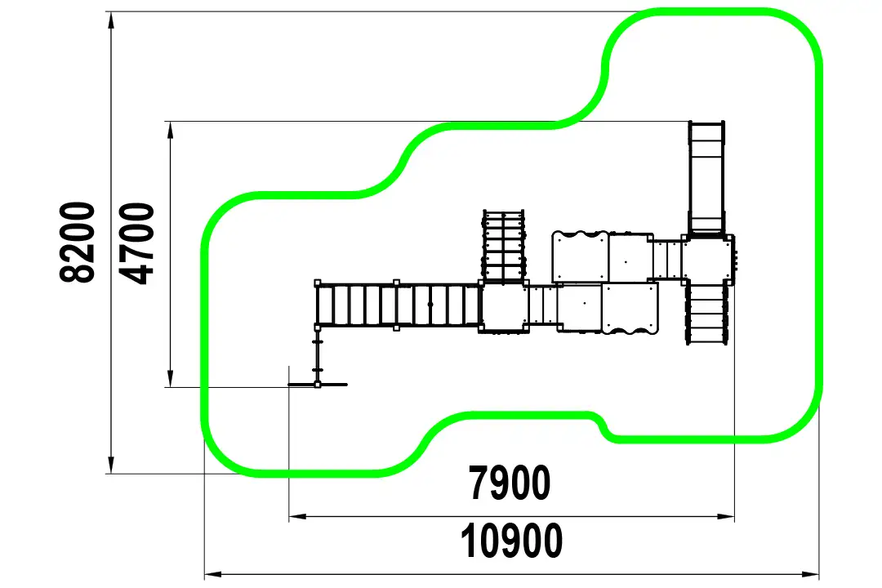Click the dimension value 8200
coord(78,242)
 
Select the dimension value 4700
coord(138,243)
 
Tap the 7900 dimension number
coord(510,483)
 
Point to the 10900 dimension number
coord(511,540)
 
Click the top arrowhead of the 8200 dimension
coord(111,20)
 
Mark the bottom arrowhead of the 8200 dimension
coord(111,465)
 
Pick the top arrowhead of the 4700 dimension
coord(171,130)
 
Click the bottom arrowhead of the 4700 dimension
coord(171,378)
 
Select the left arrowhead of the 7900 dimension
coord(298,516)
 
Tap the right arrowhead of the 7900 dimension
coord(726,516)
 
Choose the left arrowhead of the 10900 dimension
coord(213,574)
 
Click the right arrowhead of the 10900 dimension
coord(810,574)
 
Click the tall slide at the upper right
coord(706,178)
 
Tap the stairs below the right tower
coord(707,312)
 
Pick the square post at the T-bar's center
coord(318,385)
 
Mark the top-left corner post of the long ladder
coord(318,283)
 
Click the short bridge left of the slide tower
coord(667,260)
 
